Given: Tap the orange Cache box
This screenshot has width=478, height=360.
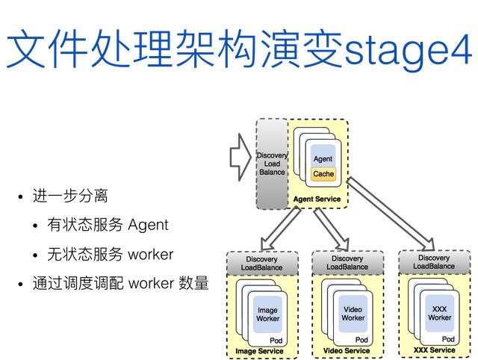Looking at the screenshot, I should pos(323,174).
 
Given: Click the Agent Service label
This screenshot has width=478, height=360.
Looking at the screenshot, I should pos(317,199).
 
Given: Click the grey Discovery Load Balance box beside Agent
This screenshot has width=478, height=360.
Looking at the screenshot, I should pos(272,164).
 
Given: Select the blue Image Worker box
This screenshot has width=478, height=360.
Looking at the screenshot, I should pos(267,314).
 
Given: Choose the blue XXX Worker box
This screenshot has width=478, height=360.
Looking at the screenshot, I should pos(439,312).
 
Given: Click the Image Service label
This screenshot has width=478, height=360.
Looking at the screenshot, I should pos(259,351).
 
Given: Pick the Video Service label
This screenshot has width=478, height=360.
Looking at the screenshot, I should pos(347,351).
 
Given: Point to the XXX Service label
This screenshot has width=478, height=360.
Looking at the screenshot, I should pos(434,350).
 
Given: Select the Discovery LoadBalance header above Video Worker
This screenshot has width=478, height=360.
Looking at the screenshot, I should pos(347,263).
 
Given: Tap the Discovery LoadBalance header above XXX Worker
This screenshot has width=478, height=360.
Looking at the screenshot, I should pos(434,262).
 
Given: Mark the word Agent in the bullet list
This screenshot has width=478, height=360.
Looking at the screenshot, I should pos(148,225).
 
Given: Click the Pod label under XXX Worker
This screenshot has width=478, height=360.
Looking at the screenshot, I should pos(448,340).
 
